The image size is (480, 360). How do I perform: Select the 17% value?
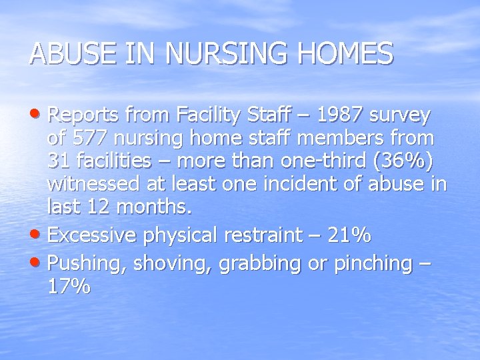(x=69, y=287)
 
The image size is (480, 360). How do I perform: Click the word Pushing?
(x=85, y=264)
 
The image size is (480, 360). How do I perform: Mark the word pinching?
(x=373, y=264)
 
